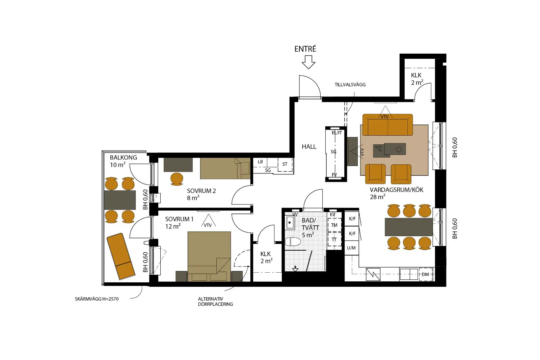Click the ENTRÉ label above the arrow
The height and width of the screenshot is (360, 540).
tap(305, 49)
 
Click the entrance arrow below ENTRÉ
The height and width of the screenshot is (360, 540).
tap(308, 62)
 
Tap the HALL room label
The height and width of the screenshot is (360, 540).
tap(309, 146)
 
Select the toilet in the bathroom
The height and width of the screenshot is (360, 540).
tap(293, 242)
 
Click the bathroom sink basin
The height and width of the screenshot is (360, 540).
tap(290, 222)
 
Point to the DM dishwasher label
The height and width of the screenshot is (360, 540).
tap(426, 274)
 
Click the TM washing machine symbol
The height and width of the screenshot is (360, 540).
tap(334, 225)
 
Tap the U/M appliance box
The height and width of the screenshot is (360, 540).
tap(351, 248)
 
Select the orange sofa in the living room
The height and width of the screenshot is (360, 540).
tap(388, 125)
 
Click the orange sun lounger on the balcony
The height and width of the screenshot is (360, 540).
tap(121, 256)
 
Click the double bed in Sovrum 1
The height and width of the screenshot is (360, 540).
tap(209, 256)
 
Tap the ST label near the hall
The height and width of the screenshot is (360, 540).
tap(285, 164)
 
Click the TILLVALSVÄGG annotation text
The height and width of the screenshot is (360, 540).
tap(350, 85)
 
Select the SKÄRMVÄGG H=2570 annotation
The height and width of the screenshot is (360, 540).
tap(97, 299)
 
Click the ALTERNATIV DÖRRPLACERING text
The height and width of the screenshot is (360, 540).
tap(216, 301)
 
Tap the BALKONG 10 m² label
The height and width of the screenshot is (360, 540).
tap(124, 161)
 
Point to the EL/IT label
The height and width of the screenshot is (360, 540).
tap(337, 133)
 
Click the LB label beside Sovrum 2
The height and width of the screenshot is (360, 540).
tap(260, 162)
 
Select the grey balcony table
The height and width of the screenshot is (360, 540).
tap(120, 200)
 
